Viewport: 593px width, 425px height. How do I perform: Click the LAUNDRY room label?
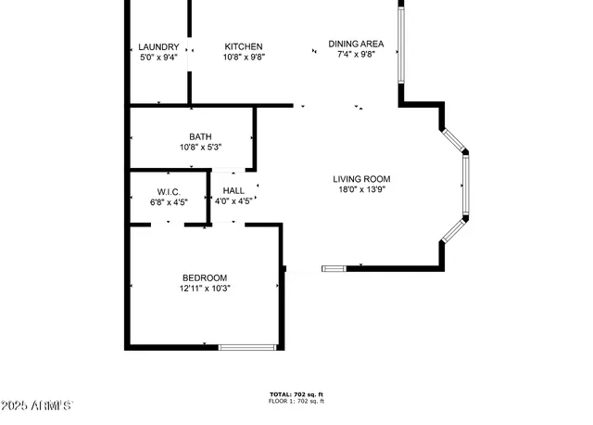pos(158,46)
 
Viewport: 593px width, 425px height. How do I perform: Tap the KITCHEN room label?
pos(244,46)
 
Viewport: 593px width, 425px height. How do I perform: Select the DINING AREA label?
pos(356,44)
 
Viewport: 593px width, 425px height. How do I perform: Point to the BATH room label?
pos(200,136)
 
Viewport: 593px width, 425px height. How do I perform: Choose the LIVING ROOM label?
pos(361,179)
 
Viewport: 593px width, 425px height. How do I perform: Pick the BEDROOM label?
pos(204,277)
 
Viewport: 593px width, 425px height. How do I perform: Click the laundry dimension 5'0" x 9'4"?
pos(158,58)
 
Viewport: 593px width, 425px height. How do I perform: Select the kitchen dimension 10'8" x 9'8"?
pos(244,58)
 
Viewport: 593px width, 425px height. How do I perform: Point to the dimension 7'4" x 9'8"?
pos(356,55)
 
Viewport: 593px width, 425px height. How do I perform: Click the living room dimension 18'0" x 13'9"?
pos(361,190)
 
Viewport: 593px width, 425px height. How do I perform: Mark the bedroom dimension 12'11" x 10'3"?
pos(204,289)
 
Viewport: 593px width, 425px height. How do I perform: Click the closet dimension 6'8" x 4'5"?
pos(168,201)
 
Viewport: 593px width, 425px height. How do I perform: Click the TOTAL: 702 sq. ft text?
pos(296,394)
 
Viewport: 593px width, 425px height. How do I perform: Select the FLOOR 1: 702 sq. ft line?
pos(296,402)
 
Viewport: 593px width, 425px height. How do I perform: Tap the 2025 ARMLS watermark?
pos(37,406)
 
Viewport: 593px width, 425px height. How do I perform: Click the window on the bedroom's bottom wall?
pos(247,347)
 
